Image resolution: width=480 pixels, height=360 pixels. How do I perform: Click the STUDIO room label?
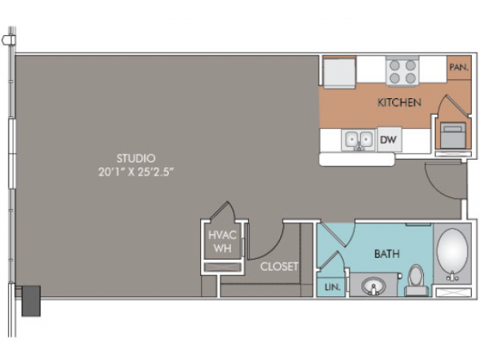136,158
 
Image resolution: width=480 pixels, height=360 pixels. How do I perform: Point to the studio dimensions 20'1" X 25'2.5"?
136,172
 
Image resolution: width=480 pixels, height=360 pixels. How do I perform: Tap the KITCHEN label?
400,102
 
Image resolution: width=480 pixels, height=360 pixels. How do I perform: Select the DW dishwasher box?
389,139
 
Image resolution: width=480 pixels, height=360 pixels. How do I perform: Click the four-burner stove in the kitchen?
403,72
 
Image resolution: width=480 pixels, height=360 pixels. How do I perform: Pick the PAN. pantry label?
458,67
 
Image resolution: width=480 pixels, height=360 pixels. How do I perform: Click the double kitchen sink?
358,140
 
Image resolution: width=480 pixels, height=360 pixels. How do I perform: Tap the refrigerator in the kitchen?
340,72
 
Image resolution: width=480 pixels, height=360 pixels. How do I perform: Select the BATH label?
387,253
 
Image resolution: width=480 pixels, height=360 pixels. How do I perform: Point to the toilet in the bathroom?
415,280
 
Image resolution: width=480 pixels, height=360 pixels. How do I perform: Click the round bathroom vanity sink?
373,286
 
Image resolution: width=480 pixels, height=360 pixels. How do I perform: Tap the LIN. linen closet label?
332,287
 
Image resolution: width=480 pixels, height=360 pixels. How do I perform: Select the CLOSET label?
279,267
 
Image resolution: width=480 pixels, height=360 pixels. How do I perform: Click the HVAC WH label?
223,241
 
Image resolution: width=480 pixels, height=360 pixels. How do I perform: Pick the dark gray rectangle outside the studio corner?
31,301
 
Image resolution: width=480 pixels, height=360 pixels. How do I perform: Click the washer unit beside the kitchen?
453,135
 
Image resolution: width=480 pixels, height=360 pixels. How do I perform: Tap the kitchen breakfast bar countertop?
357,160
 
